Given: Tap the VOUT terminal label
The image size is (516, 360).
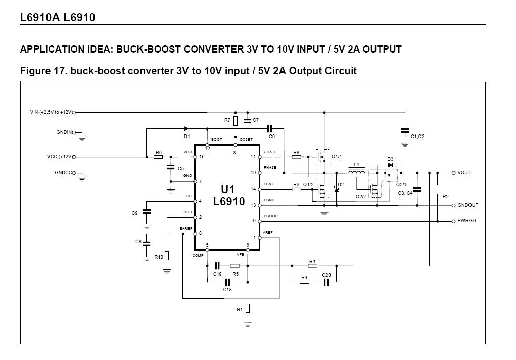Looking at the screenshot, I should click(x=464, y=173).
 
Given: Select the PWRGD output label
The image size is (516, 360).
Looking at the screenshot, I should click(x=466, y=221).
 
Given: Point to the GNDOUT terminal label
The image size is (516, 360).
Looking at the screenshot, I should click(x=467, y=205).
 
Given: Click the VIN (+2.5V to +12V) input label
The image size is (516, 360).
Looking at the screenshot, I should click(x=51, y=112).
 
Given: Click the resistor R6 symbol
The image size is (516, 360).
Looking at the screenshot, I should click(x=158, y=157).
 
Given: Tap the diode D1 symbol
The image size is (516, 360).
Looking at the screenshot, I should click(x=186, y=129).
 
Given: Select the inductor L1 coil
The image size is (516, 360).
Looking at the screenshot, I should click(x=357, y=173).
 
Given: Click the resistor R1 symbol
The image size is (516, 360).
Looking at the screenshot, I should click(x=248, y=308).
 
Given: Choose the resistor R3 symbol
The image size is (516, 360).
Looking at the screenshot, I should click(x=312, y=265).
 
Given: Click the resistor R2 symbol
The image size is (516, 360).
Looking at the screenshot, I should click(x=437, y=189).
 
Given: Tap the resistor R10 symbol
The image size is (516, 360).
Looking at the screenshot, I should click(x=167, y=256).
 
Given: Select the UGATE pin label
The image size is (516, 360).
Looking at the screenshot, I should click(x=269, y=152).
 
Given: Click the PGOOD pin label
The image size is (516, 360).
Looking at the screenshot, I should click(x=270, y=216).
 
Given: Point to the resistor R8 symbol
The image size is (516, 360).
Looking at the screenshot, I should click(x=296, y=157).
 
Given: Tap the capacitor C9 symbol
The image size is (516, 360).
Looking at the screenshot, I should click(x=147, y=212).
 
